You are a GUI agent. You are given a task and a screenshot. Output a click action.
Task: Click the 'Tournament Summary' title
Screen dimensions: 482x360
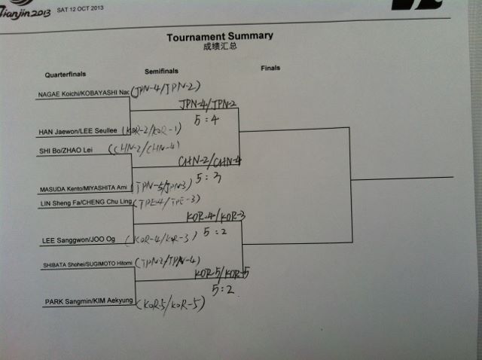pos(219,35)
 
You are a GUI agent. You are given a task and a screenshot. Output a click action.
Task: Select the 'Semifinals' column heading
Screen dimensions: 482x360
pos(161,72)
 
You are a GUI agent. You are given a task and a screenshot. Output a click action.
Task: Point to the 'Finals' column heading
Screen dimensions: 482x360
pos(270,68)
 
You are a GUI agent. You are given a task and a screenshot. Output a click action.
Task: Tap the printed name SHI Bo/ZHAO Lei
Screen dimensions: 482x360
pos(66,149)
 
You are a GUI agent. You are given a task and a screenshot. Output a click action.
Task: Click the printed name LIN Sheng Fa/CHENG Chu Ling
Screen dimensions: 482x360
pos(84,202)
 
